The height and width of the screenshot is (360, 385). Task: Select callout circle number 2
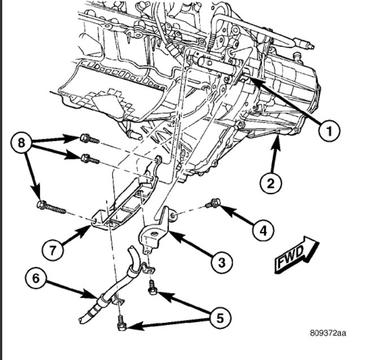[270, 182]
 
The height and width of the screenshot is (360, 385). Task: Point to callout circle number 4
[262, 230]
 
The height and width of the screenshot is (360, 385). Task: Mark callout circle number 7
[53, 248]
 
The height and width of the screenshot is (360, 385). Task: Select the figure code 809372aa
[327, 333]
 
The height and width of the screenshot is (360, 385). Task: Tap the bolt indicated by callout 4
[214, 203]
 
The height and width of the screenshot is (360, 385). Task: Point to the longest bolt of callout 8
[51, 207]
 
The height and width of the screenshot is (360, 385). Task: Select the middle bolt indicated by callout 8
[90, 159]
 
